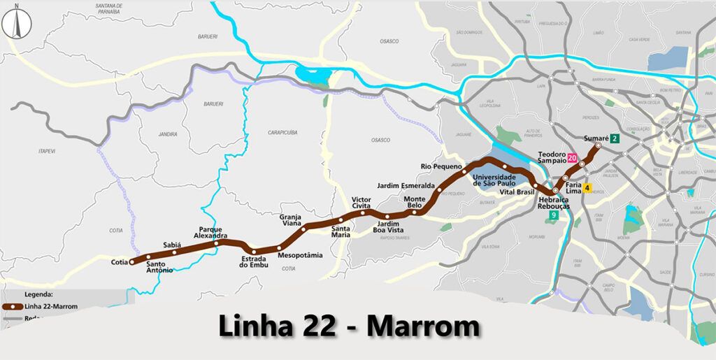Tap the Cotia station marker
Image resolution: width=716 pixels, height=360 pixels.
coord(132,262)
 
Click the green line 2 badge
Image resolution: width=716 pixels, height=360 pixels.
coord(614,138)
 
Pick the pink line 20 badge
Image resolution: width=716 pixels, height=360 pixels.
coord(572,158)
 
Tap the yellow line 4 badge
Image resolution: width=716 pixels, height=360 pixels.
coord(587,187)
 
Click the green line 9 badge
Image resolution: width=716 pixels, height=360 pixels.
coord(554,215)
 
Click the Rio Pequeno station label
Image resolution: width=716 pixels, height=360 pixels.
coord(441,166)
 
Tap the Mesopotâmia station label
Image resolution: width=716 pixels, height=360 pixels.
coord(300,255)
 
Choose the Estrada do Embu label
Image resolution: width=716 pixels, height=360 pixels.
coord(254,262)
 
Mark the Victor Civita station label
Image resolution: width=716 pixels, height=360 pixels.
coord(361,203)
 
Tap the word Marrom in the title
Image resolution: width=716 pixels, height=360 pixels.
coord(424,326)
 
